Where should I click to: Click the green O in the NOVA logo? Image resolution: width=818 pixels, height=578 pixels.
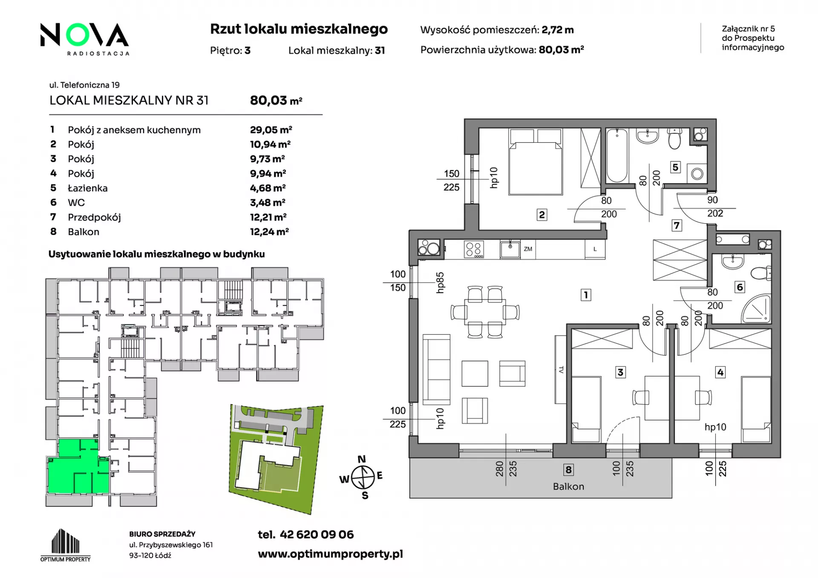pyautogui.click(x=78, y=35)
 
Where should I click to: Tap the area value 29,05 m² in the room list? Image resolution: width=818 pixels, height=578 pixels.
pyautogui.click(x=271, y=130)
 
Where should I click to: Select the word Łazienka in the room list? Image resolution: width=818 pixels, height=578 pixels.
pyautogui.click(x=88, y=188)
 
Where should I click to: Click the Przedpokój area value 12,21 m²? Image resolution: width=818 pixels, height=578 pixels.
pyautogui.click(x=268, y=217)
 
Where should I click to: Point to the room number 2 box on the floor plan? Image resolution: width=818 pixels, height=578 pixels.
pyautogui.click(x=541, y=215)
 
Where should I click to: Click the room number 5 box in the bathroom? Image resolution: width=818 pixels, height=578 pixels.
pyautogui.click(x=675, y=167)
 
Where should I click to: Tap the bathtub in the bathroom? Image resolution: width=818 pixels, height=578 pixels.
pyautogui.click(x=616, y=155)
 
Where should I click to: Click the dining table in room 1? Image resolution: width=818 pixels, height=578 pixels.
pyautogui.click(x=485, y=312)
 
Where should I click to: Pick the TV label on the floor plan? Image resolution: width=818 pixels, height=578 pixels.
pyautogui.click(x=561, y=370)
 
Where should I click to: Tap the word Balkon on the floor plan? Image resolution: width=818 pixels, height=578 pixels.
pyautogui.click(x=568, y=486)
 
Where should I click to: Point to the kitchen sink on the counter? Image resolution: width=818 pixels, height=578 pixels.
pyautogui.click(x=510, y=249)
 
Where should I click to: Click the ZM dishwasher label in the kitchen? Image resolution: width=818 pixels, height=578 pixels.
pyautogui.click(x=528, y=249)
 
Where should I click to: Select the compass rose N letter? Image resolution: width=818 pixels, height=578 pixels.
pyautogui.click(x=362, y=459)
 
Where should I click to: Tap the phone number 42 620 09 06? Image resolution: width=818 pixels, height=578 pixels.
pyautogui.click(x=317, y=535)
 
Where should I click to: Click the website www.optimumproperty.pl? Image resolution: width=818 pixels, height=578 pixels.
pyautogui.click(x=330, y=554)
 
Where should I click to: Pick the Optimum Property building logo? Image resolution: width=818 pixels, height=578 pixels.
pyautogui.click(x=65, y=545)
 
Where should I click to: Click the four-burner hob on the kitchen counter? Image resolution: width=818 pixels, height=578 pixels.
pyautogui.click(x=474, y=250)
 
